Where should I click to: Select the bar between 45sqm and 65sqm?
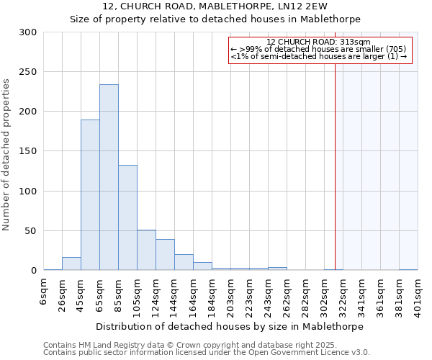90,194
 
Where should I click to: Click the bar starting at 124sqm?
165,255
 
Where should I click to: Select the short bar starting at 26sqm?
71,264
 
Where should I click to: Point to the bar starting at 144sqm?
184,262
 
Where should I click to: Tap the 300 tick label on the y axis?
28,32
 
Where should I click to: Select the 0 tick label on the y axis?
33,271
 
